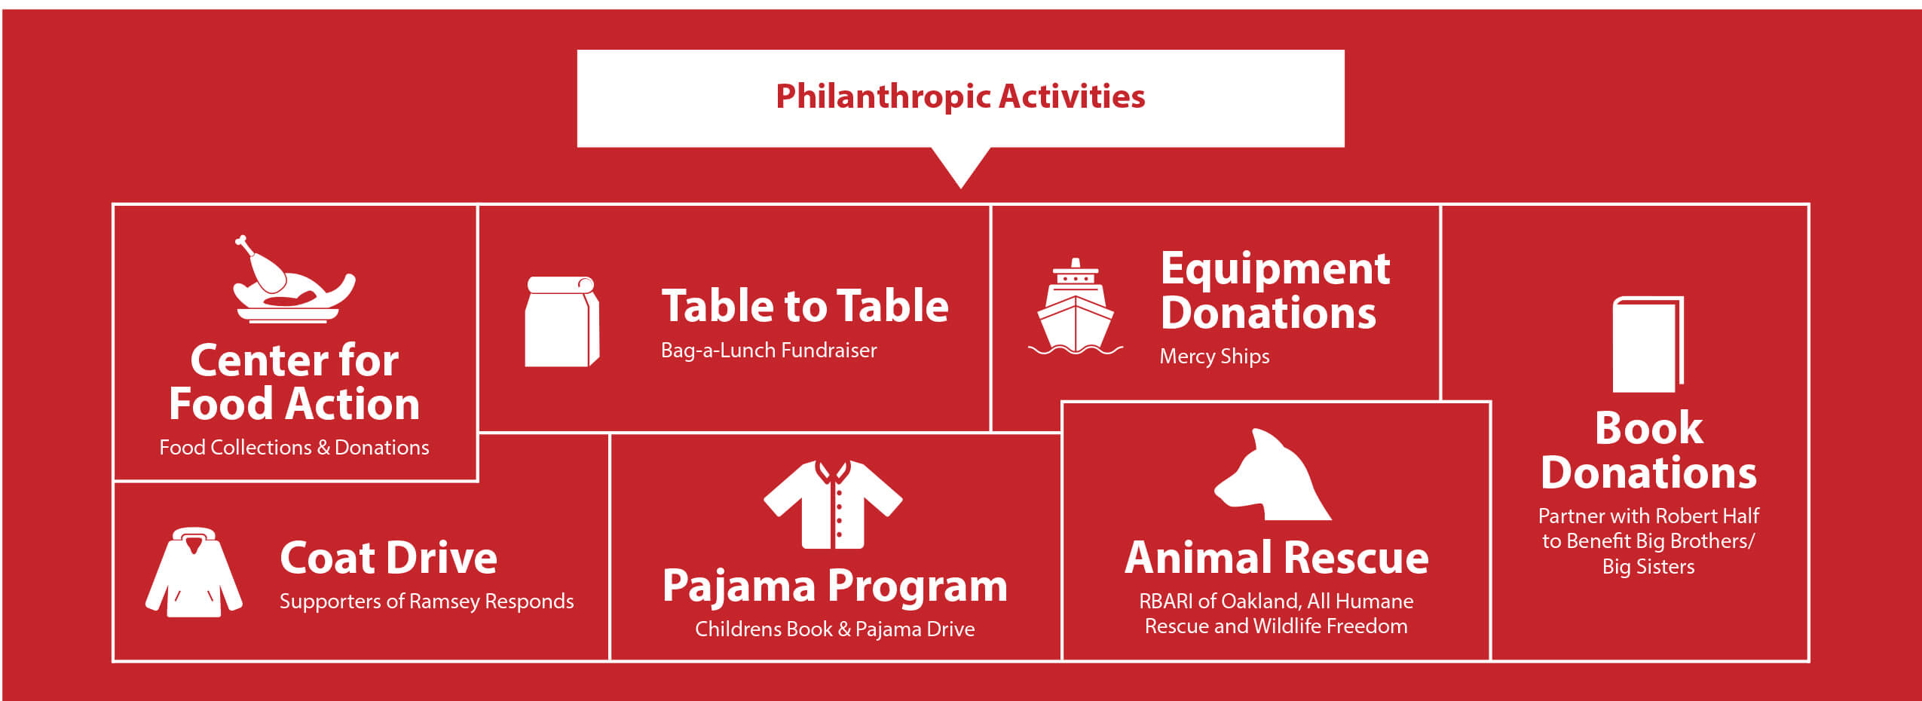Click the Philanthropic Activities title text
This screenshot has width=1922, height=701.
960,96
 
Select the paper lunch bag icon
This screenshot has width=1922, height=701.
562,322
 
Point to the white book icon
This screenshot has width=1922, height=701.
1647,344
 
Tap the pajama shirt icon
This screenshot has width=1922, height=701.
833,504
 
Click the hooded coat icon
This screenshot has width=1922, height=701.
194,573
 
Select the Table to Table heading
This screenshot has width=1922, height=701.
805,306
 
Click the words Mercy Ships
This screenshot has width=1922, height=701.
1214,357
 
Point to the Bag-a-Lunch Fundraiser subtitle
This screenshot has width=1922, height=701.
769,350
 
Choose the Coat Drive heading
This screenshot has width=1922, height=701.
388,558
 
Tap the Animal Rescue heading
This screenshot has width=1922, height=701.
1276,558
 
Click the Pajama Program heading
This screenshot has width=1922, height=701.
834,586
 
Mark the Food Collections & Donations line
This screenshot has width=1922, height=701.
294,448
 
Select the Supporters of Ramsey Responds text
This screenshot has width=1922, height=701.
427,602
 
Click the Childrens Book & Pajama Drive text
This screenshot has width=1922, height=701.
834,629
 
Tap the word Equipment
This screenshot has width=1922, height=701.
1275,269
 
